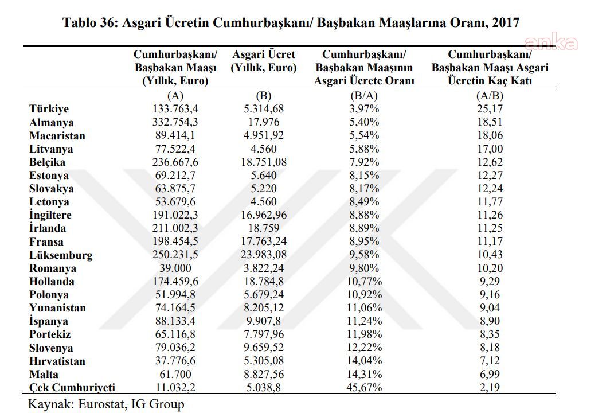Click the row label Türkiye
[49, 109]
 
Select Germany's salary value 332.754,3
[175, 122]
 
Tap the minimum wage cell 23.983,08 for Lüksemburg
[264, 255]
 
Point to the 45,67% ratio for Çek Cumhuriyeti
[364, 388]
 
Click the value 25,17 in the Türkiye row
[490, 109]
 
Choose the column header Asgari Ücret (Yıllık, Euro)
[264, 61]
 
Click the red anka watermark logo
[551, 43]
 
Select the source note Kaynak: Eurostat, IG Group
[106, 404]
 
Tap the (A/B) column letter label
[490, 96]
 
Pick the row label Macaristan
[57, 135]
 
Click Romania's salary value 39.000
[175, 268]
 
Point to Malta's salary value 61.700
[175, 375]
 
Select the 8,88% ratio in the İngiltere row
[364, 215]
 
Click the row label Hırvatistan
[57, 361]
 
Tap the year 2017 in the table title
[506, 22]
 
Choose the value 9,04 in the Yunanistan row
[490, 308]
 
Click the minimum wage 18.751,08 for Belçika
[264, 162]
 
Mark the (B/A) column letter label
[364, 96]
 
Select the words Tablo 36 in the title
[89, 22]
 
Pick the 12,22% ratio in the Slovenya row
[364, 348]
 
